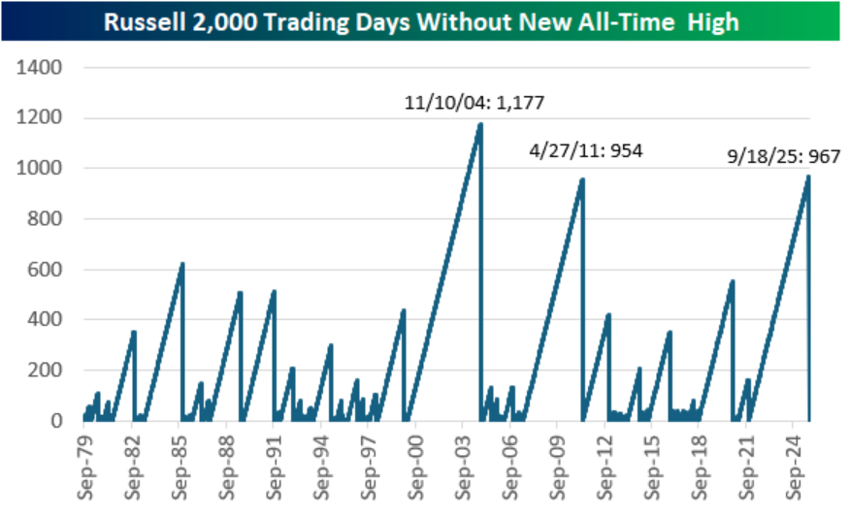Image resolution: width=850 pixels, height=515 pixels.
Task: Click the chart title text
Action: pyautogui.click(x=425, y=21)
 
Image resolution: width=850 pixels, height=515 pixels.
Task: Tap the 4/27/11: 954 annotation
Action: pyautogui.click(x=586, y=151)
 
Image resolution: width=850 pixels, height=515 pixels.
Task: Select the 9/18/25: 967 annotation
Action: pyautogui.click(x=783, y=157)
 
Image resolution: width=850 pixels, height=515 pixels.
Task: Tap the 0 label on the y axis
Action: pyautogui.click(x=57, y=420)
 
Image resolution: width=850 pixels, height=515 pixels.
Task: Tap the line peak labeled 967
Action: pyautogui.click(x=807, y=177)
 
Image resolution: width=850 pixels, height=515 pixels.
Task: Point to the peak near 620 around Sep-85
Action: pyautogui.click(x=181, y=264)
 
